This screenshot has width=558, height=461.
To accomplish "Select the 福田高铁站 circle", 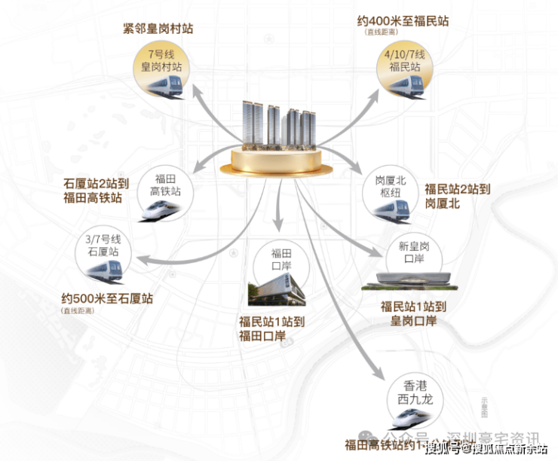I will point(165,193).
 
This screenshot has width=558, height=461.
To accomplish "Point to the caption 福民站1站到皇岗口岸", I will point(415,314).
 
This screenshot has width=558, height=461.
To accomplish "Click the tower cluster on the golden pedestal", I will point(280,125).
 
